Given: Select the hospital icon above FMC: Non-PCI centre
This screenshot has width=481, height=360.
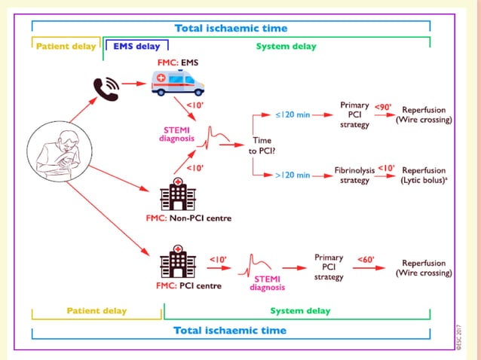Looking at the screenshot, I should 178,195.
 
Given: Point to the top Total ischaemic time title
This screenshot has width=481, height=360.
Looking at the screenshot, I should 231,29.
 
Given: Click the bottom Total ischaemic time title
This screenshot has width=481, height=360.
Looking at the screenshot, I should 230,330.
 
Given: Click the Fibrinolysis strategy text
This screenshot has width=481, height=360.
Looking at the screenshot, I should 354,175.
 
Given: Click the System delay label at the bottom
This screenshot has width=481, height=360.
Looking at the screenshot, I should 300,310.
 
